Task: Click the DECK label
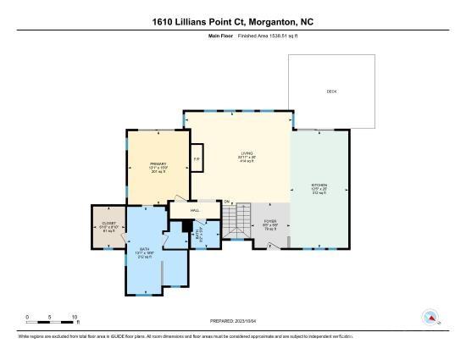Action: (331, 91)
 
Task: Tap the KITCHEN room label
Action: (319, 186)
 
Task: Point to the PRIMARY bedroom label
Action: (158, 164)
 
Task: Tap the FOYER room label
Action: (270, 224)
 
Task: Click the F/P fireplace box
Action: (197, 158)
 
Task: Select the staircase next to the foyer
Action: (235, 222)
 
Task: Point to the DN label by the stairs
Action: (227, 201)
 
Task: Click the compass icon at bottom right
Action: (432, 318)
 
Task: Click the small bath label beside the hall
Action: (201, 230)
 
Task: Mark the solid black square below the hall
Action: (188, 226)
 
